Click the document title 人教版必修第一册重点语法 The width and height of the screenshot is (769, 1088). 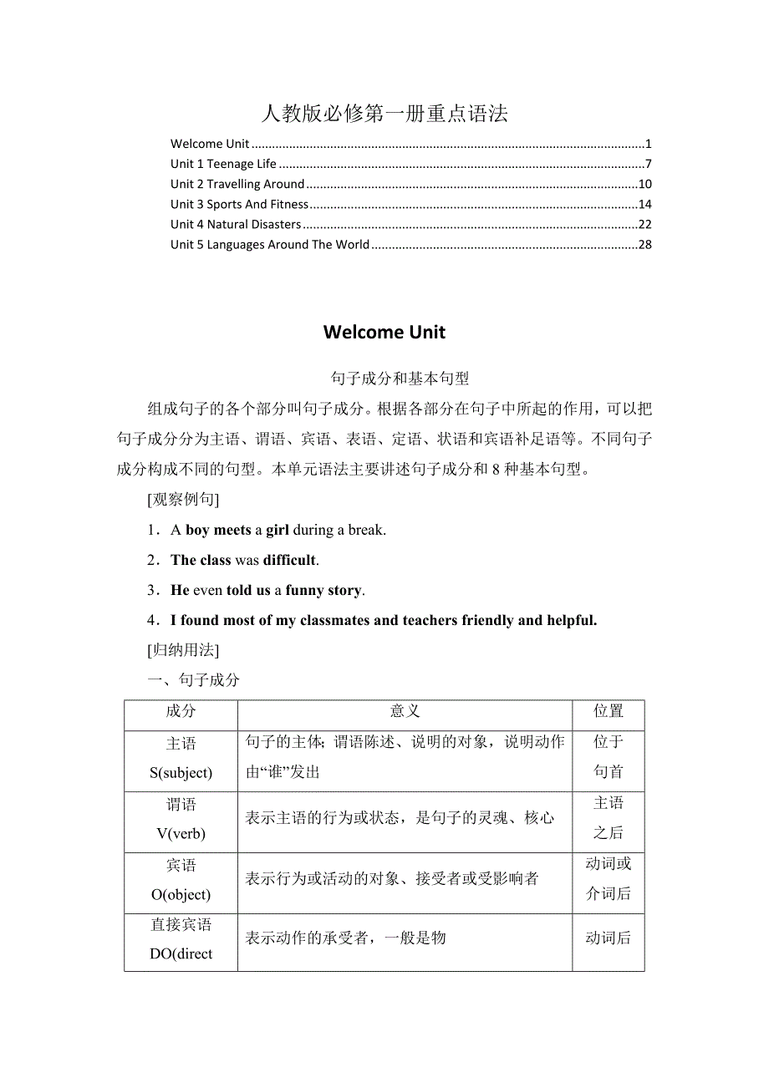click(x=384, y=114)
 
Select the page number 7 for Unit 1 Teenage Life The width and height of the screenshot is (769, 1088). click(x=648, y=164)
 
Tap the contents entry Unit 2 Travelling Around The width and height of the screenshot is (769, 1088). click(x=237, y=184)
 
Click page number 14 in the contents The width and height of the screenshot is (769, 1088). click(x=644, y=204)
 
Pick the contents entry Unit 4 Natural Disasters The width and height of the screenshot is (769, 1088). click(x=236, y=224)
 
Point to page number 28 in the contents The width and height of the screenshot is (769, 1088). click(x=644, y=244)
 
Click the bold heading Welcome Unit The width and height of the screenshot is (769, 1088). click(x=384, y=332)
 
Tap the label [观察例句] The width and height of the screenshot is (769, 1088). click(x=183, y=500)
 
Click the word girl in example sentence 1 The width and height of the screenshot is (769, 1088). click(x=278, y=530)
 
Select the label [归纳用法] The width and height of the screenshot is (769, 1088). click(x=183, y=649)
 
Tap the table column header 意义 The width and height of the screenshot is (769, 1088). click(x=405, y=711)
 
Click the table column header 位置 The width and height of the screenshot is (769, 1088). click(x=609, y=711)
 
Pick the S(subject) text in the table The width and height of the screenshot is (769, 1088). click(x=181, y=773)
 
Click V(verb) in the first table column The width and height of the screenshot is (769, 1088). click(x=181, y=833)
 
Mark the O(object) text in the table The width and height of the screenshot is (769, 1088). click(x=181, y=894)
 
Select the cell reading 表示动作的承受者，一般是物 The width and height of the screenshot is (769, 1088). click(x=345, y=938)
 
